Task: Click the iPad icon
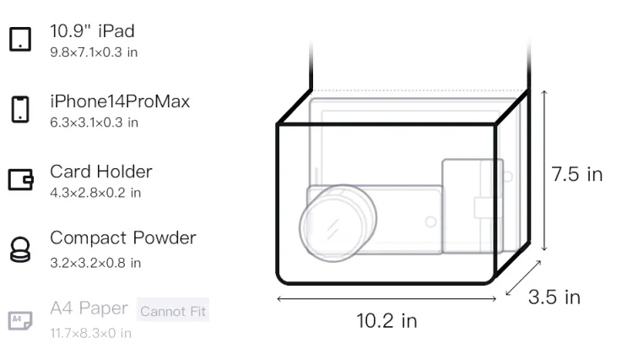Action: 20,39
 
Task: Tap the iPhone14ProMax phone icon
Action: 20,109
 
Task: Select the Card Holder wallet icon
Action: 20,179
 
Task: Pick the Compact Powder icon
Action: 20,249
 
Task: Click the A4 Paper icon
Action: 20,320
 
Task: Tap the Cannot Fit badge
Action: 173,310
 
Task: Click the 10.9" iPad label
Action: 92,31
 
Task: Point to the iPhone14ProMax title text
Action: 120,101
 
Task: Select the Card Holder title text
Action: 101,172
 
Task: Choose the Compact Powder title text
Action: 123,238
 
